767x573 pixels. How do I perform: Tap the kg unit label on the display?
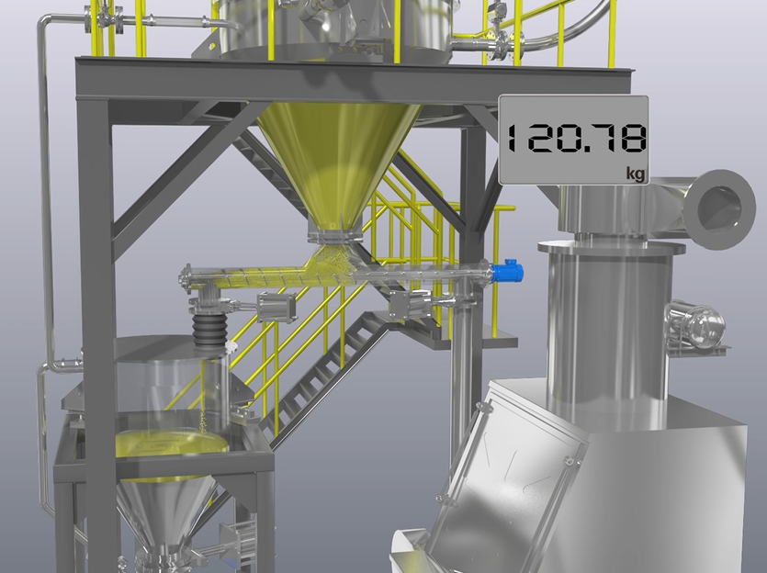[x=636, y=174]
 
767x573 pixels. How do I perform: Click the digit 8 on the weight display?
[x=632, y=138]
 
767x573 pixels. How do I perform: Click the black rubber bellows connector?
[x=209, y=331]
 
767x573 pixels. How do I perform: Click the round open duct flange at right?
[x=719, y=208]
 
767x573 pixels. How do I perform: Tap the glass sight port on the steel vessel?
[x=695, y=323]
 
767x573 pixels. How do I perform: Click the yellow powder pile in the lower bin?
[x=172, y=443]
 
